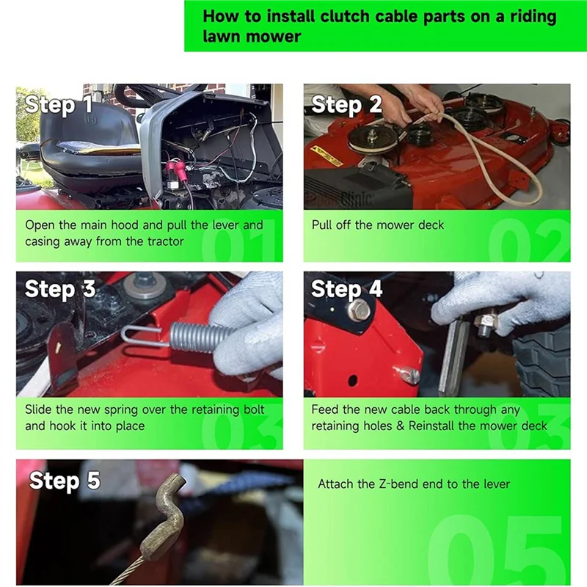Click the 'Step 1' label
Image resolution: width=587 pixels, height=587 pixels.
(x=59, y=105)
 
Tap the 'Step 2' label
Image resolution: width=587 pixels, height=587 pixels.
(x=346, y=105)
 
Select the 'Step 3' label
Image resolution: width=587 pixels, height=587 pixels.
(x=60, y=289)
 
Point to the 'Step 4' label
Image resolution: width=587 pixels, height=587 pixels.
(x=346, y=289)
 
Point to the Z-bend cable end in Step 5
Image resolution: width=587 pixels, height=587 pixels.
(x=165, y=514)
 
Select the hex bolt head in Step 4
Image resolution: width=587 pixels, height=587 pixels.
(x=360, y=311)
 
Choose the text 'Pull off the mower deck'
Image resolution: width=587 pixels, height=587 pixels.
(x=378, y=225)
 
